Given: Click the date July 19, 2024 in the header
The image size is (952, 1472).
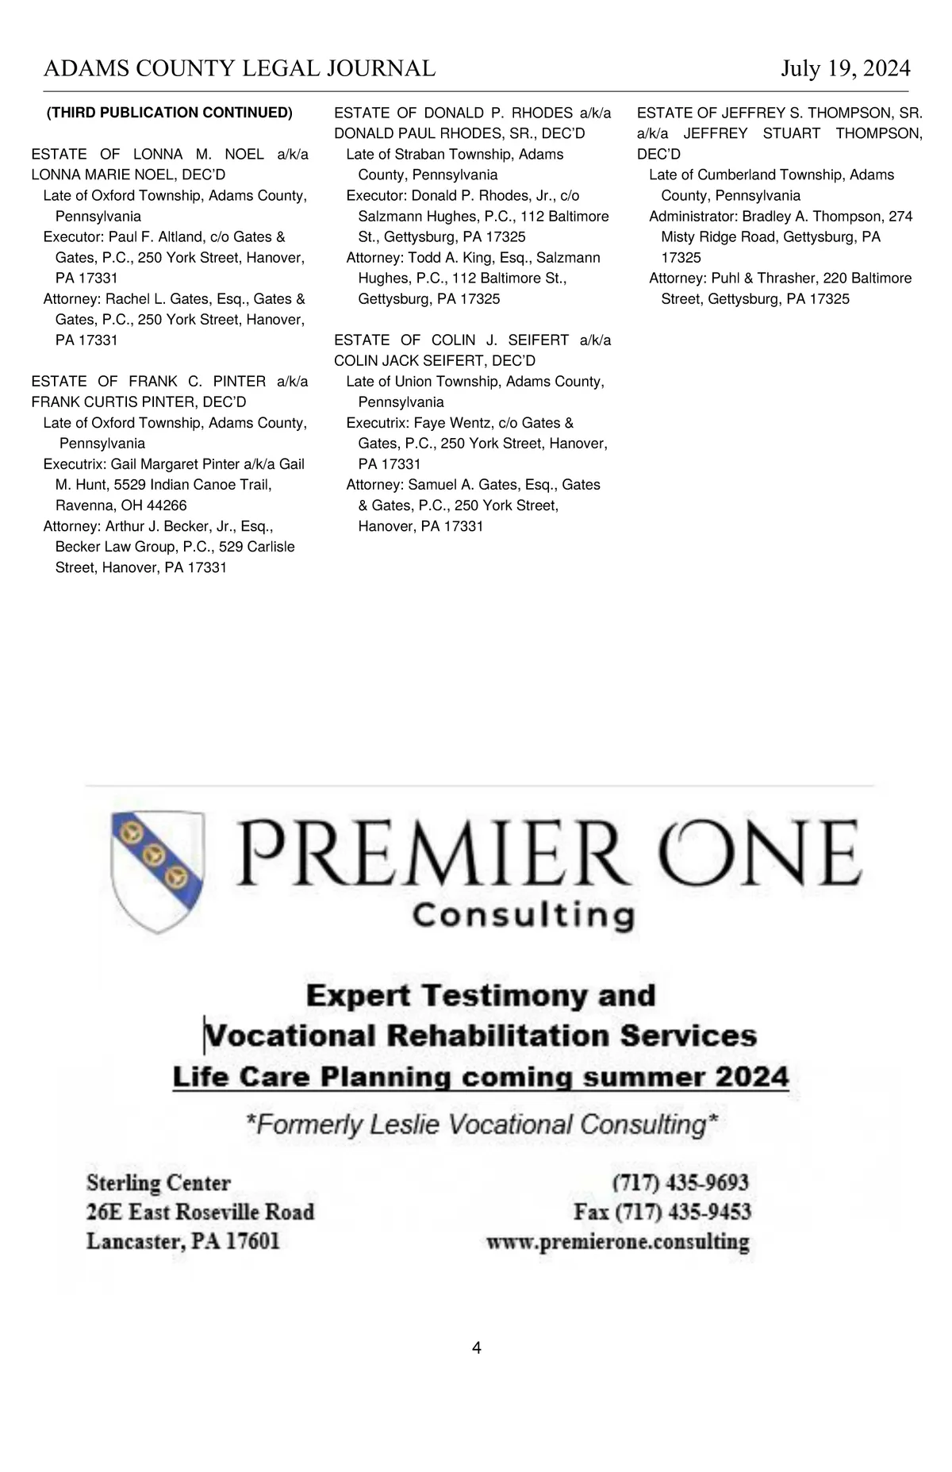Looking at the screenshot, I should click(x=845, y=69).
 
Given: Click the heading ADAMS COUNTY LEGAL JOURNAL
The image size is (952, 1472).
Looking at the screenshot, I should click(x=240, y=69).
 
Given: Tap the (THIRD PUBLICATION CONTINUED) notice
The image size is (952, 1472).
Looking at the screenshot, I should click(x=170, y=113).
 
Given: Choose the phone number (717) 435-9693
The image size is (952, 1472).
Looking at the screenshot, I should click(x=680, y=1183).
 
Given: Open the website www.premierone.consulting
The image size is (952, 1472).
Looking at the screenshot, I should click(x=618, y=1242).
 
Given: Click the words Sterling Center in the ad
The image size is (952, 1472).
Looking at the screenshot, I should click(x=159, y=1183).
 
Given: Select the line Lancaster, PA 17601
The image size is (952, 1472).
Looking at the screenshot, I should click(x=183, y=1241).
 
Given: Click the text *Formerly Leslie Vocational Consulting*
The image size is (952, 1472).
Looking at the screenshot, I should click(x=482, y=1124).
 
